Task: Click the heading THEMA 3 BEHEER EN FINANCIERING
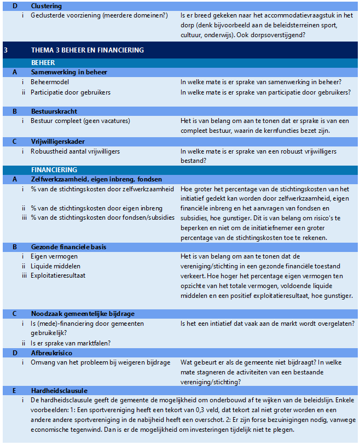(x=88, y=50)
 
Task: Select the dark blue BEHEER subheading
(x=43, y=63)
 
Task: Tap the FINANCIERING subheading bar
(x=54, y=170)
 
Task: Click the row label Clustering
(x=46, y=5)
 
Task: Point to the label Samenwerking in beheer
(x=69, y=72)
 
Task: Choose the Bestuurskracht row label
(x=54, y=111)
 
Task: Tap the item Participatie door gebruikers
(x=71, y=92)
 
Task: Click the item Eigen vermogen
(x=54, y=256)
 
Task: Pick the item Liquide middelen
(x=56, y=266)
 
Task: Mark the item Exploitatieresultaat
(x=58, y=275)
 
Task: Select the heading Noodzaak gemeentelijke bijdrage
(x=83, y=314)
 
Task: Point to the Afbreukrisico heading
(x=52, y=353)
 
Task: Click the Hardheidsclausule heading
(x=59, y=391)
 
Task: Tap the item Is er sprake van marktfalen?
(x=71, y=343)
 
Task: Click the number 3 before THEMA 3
(x=5, y=50)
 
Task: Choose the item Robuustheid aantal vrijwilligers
(x=75, y=151)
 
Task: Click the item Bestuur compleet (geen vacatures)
(x=80, y=121)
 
